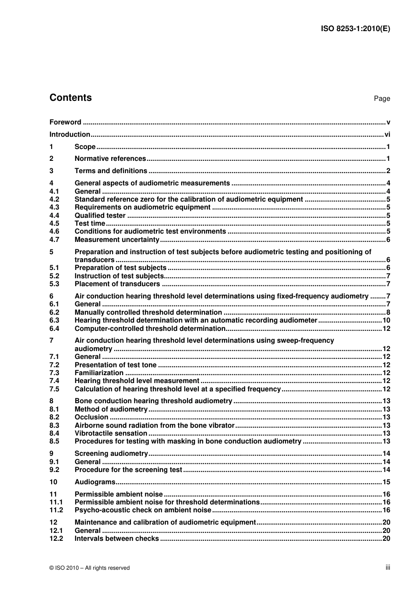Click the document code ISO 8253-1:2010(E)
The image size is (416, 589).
point(356,29)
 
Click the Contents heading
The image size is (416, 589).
point(71,98)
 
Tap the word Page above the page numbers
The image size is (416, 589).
point(381,99)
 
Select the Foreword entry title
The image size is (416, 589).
point(65,122)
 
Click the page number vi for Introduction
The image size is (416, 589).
point(387,135)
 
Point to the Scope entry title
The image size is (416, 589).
point(85,147)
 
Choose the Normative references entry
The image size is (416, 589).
point(110,159)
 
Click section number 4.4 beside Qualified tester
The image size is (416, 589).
point(54,216)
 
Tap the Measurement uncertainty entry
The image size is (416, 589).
point(117,240)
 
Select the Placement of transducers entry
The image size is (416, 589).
point(117,284)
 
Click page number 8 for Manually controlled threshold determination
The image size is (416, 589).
point(388,312)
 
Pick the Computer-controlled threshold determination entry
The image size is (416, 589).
point(150,329)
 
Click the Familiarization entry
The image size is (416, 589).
point(99,373)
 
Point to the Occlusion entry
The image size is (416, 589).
point(91,417)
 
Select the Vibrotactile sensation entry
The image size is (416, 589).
point(111,433)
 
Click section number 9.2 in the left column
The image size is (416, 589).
point(54,470)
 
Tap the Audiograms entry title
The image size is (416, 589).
point(95,482)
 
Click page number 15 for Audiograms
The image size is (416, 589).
point(386,482)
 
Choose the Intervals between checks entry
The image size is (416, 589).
point(116,539)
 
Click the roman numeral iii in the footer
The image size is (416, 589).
point(388,568)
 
